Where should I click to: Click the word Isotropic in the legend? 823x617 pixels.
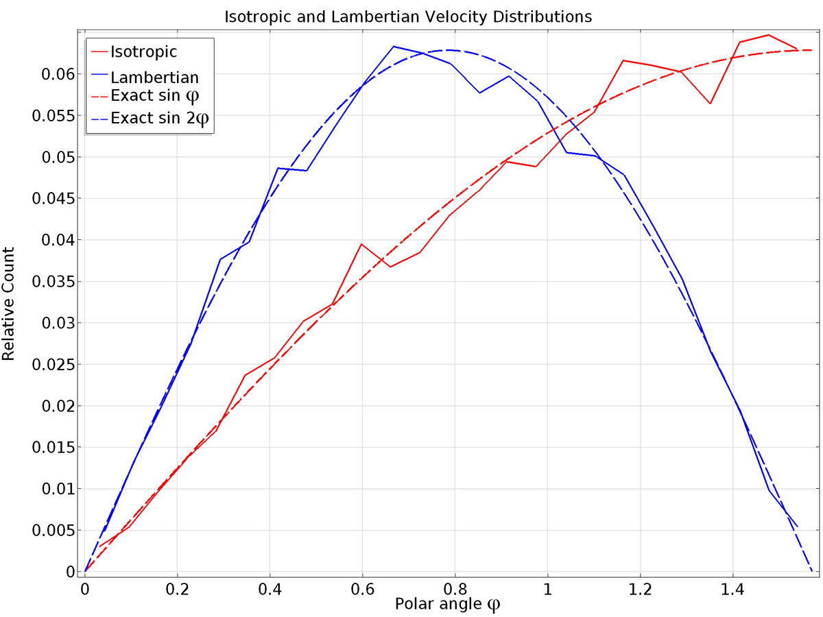tap(143, 51)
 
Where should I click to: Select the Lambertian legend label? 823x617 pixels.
tap(154, 77)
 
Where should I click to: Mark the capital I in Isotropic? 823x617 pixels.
tap(112, 51)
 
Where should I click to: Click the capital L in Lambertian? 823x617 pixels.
tap(114, 77)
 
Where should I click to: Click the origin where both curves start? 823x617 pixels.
tap(84, 570)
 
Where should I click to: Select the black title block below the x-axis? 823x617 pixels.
tap(379, 604)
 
